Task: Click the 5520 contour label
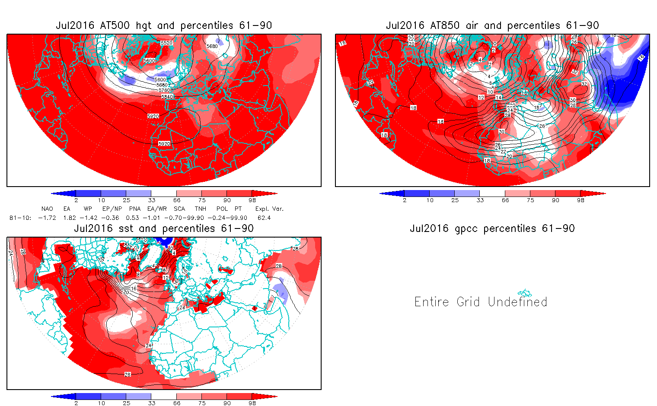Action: pyautogui.click(x=166, y=43)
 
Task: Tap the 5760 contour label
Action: pyautogui.click(x=164, y=90)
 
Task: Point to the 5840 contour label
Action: pyautogui.click(x=167, y=96)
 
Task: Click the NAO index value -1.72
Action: pyautogui.click(x=47, y=218)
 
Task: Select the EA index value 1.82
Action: pyautogui.click(x=70, y=218)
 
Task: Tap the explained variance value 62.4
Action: pyautogui.click(x=264, y=218)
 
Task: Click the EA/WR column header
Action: pyautogui.click(x=156, y=209)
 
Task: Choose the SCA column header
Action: pyautogui.click(x=179, y=209)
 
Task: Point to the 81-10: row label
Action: pyautogui.click(x=20, y=218)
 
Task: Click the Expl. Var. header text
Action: pyautogui.click(x=269, y=209)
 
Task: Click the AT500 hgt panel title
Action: pyautogui.click(x=164, y=25)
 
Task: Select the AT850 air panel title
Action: pyautogui.click(x=492, y=25)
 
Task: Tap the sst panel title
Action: pyautogui.click(x=164, y=228)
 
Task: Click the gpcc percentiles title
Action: pyautogui.click(x=492, y=228)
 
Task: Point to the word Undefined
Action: pyautogui.click(x=517, y=301)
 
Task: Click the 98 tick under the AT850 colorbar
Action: pyautogui.click(x=580, y=200)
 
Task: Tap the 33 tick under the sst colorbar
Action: pyautogui.click(x=151, y=403)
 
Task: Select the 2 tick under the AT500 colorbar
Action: pyautogui.click(x=76, y=200)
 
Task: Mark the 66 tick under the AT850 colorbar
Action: pyautogui.click(x=505, y=200)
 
